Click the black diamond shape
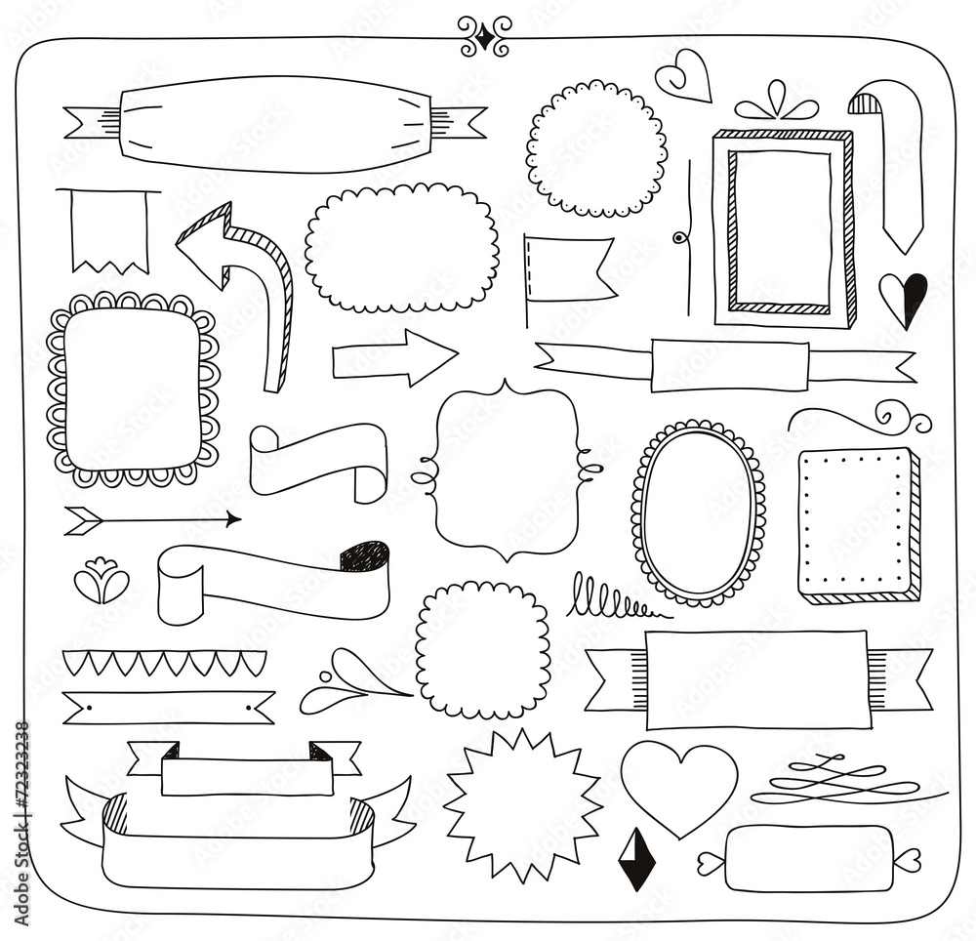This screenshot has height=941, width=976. pyautogui.click(x=635, y=859)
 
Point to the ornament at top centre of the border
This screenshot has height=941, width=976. pyautogui.click(x=485, y=36)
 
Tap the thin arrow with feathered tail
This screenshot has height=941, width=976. pyautogui.click(x=151, y=519)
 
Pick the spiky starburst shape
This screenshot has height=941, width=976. pyautogui.click(x=522, y=805)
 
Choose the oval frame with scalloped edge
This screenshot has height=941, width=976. pyautogui.click(x=697, y=512)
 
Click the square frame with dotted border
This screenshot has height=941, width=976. pyautogui.click(x=857, y=524)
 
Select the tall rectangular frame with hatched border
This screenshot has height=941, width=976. pyautogui.click(x=783, y=227)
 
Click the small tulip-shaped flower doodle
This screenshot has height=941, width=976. pyautogui.click(x=102, y=583)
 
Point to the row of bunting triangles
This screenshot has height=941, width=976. pyautogui.click(x=164, y=662)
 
